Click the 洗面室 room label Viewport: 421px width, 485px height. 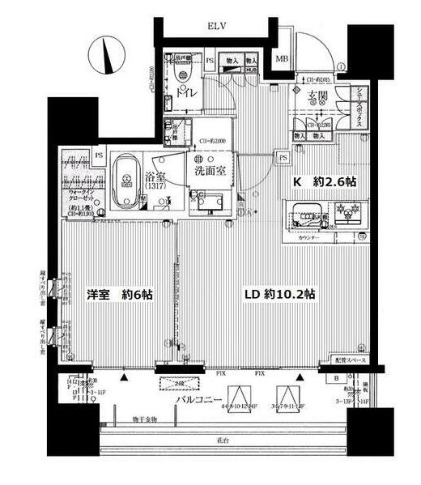(x=209, y=172)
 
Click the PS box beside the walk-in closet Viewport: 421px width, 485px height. (x=99, y=155)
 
